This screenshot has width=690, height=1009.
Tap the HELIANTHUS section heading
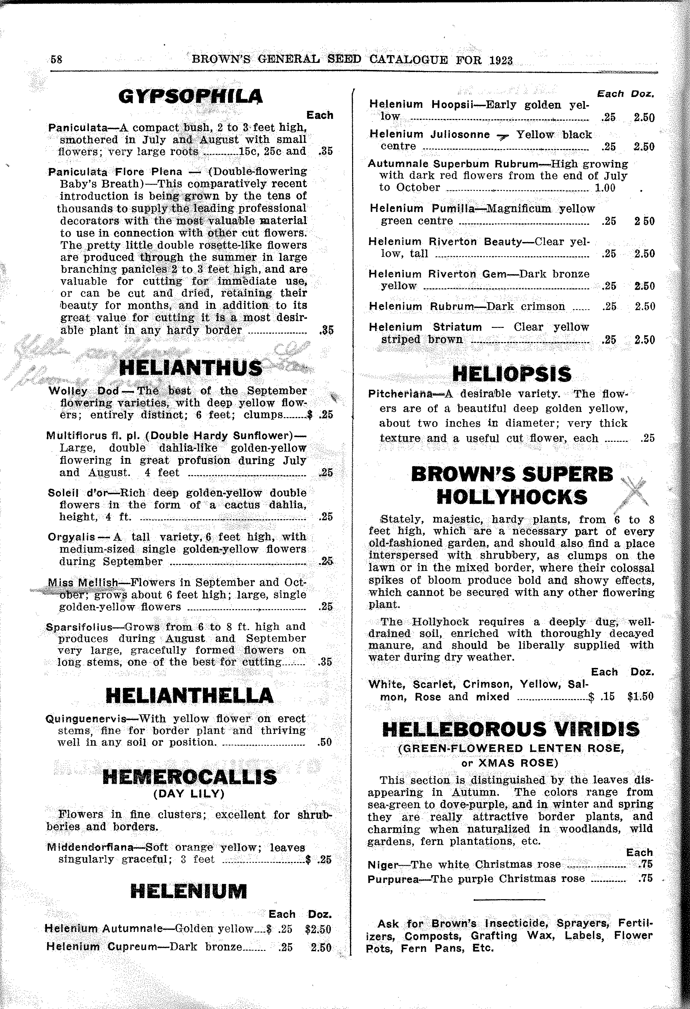click(x=191, y=368)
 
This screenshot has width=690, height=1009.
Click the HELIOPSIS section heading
click(x=512, y=374)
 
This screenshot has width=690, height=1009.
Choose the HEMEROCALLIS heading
click(x=189, y=777)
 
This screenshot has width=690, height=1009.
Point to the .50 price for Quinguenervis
click(x=325, y=742)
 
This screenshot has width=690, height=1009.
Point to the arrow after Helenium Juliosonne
click(x=503, y=136)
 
